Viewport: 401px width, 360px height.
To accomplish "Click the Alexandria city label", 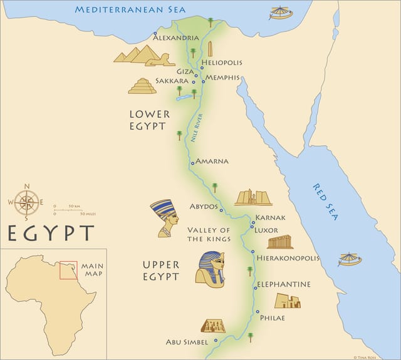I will (175, 38).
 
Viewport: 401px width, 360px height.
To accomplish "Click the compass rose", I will (27, 202).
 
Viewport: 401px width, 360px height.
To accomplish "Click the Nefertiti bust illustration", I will (165, 218).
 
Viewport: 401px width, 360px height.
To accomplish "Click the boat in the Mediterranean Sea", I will (280, 13).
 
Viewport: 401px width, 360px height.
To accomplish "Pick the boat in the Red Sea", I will (349, 259).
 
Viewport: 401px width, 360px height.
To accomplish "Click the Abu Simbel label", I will (187, 342).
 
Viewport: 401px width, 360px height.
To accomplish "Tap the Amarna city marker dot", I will (192, 163).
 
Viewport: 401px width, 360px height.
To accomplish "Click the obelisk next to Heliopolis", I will (211, 50).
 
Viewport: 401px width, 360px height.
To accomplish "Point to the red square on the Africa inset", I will (68, 270).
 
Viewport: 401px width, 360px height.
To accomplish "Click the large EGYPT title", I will (50, 233).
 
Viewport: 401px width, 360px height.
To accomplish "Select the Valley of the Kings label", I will (209, 234).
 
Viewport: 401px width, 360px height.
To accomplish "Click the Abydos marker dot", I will (221, 211).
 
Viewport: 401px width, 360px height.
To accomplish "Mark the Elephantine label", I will (284, 284).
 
